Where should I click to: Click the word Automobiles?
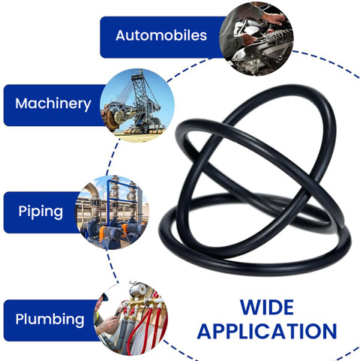(161, 35)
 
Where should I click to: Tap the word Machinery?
(53, 104)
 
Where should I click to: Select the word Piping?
(40, 212)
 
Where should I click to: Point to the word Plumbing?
(49, 320)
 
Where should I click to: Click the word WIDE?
(267, 308)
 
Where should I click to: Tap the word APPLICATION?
(267, 331)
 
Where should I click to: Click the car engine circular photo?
(256, 38)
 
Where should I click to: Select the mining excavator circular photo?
(137, 106)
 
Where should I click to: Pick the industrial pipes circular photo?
(112, 212)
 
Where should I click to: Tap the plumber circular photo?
(130, 317)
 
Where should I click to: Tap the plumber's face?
(103, 302)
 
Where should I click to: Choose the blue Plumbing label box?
(51, 320)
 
